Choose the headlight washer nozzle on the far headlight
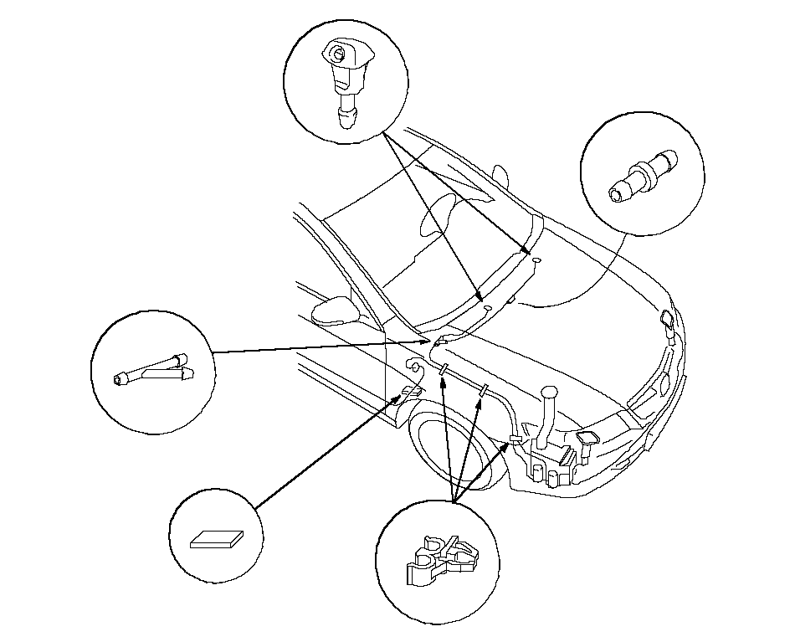tap(667, 320)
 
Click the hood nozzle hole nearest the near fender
tap(486, 309)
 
